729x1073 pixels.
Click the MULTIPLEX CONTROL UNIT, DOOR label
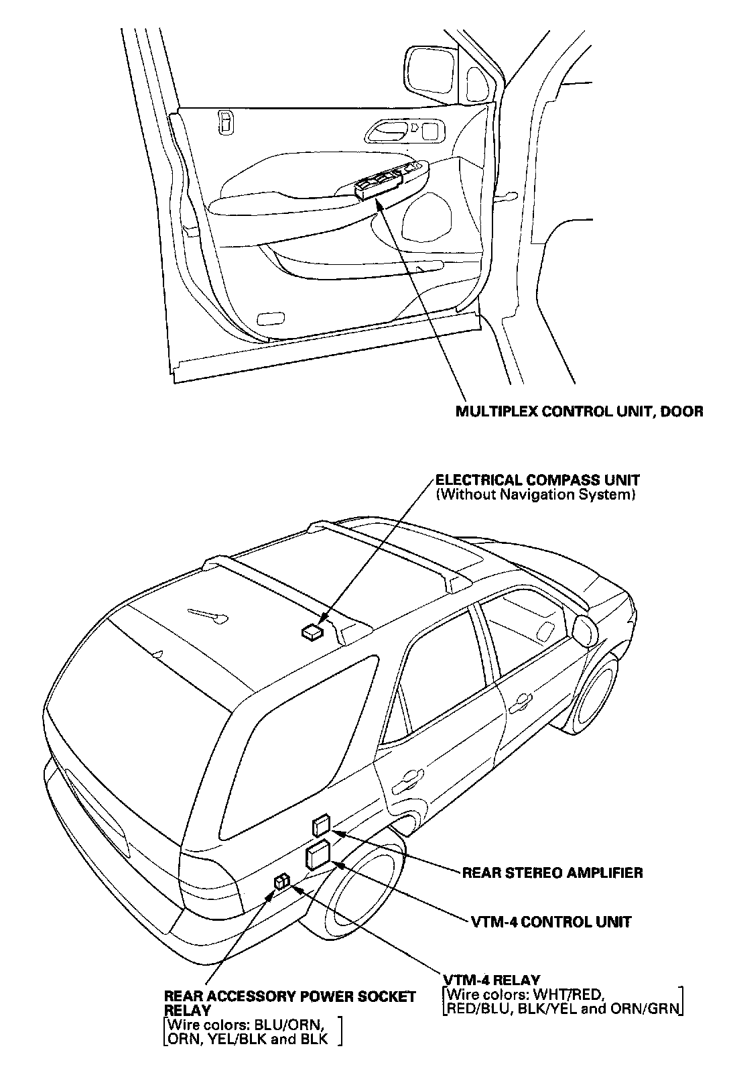pos(580,411)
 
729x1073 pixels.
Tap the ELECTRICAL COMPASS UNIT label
pos(537,480)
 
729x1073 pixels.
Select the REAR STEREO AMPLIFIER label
pos(552,872)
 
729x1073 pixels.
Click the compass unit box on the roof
pos(312,631)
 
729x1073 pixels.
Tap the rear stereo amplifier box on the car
pos(321,826)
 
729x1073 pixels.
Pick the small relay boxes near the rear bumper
pos(281,882)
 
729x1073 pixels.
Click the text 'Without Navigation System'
pos(534,496)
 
